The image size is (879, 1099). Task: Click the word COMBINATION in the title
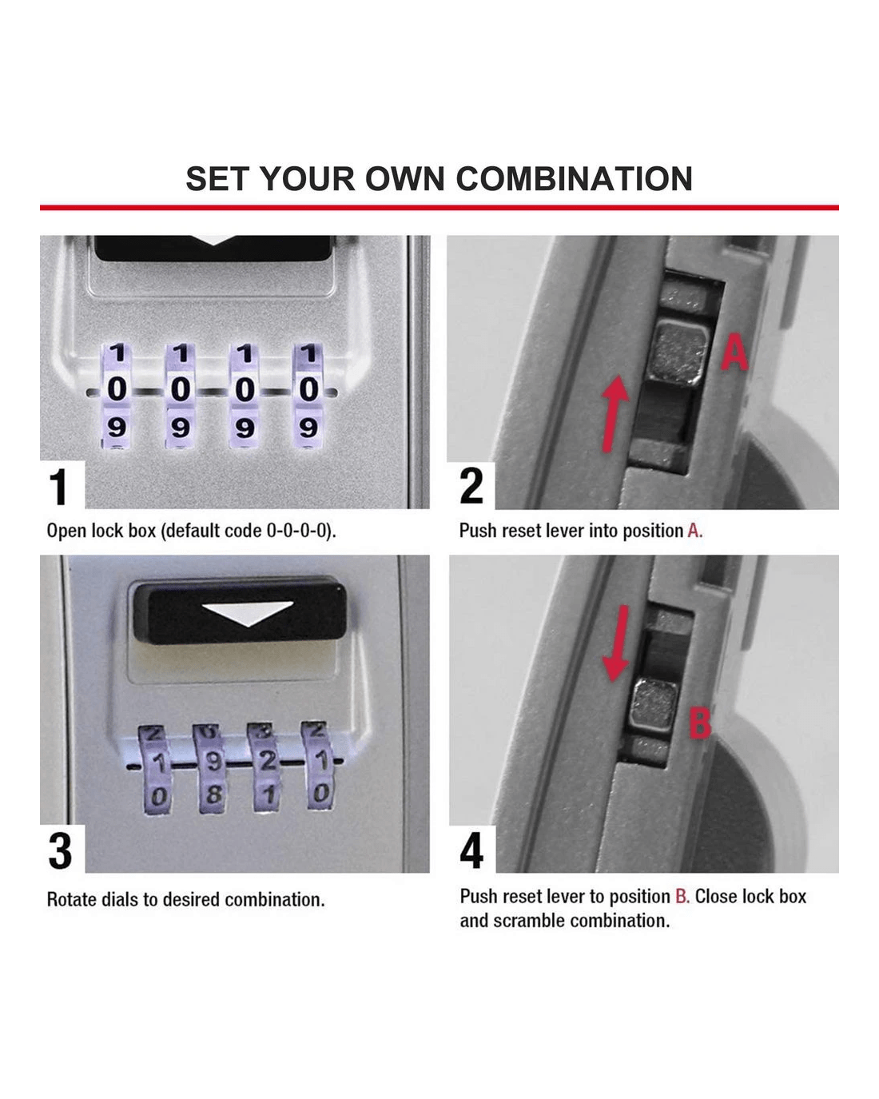[574, 179]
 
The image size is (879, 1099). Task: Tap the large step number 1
[59, 487]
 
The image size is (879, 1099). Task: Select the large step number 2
[471, 486]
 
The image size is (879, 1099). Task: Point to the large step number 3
[60, 850]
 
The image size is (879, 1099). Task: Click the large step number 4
[471, 850]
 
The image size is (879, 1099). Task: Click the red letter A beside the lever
[734, 352]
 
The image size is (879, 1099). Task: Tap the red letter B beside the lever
[700, 723]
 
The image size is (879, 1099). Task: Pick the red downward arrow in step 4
[616, 643]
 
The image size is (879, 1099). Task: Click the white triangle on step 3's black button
[248, 612]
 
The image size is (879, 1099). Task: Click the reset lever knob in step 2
[678, 353]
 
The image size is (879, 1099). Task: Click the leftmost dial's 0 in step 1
[117, 389]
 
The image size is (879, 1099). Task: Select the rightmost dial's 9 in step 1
[308, 428]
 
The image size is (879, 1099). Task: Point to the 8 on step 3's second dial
[214, 794]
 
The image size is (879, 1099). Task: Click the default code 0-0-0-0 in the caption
[296, 531]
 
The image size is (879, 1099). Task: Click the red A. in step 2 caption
[695, 531]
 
